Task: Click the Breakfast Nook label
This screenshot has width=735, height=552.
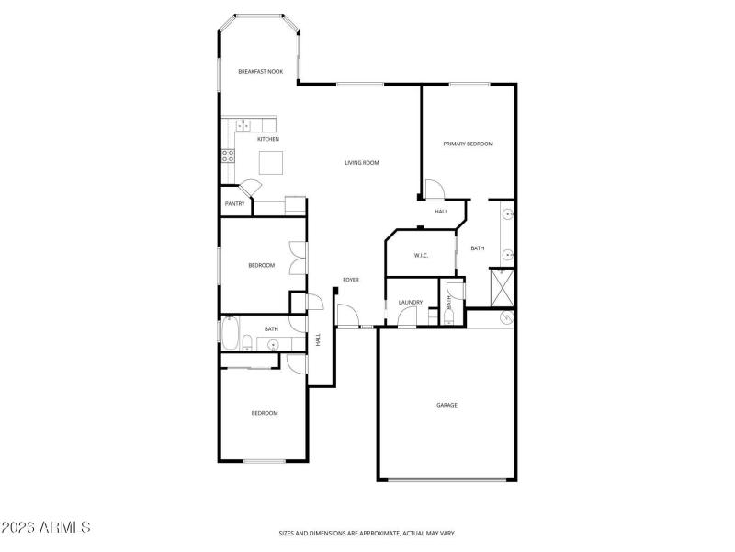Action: click(259, 72)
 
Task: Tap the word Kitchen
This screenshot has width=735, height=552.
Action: click(268, 139)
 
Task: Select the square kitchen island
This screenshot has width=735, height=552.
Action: click(271, 163)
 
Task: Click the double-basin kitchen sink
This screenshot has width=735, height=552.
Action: click(243, 125)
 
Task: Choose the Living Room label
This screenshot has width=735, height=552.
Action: click(362, 163)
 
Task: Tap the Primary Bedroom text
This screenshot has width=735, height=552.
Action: click(468, 144)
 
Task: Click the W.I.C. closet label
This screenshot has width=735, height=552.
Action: click(421, 255)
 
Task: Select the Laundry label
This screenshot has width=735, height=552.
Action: click(410, 303)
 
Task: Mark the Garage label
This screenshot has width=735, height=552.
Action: click(447, 405)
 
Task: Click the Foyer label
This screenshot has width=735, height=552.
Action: click(351, 280)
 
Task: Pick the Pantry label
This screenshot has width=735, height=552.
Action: click(235, 204)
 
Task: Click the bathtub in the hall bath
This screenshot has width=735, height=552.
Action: click(230, 332)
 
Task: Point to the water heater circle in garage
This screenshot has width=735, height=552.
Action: click(505, 318)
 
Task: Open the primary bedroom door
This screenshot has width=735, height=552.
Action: click(434, 190)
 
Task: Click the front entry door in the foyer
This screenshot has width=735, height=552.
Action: click(348, 316)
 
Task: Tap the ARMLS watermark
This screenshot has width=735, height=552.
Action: click(46, 528)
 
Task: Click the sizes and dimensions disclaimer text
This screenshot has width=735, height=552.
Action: click(367, 533)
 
